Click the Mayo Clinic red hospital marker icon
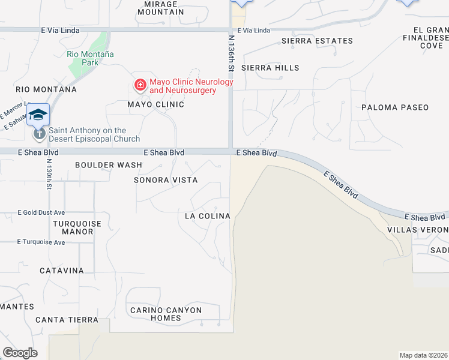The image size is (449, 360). [x=140, y=86]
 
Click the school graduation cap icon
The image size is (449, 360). [x=38, y=114]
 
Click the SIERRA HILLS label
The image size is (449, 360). [x=270, y=68]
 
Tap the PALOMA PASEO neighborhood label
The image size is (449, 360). [x=395, y=107]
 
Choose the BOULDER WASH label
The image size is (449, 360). [x=109, y=165]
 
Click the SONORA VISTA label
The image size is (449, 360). [x=165, y=180]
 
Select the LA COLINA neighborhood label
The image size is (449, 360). [x=207, y=216]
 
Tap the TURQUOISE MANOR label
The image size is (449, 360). [x=77, y=228]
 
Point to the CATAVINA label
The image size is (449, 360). [x=62, y=271]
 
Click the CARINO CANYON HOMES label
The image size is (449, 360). [x=166, y=314]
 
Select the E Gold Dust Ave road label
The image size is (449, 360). [x=41, y=212]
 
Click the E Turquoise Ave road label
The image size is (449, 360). [x=41, y=242]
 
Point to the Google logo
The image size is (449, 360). [x=20, y=353]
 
